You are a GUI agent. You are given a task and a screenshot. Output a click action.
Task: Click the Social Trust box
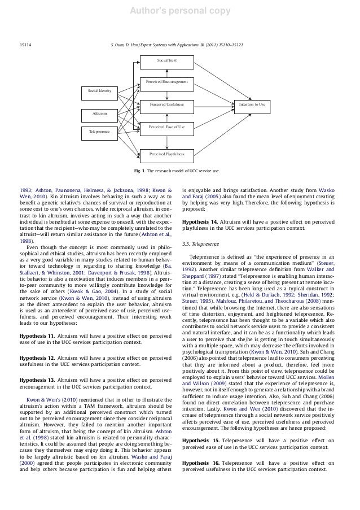(166, 60)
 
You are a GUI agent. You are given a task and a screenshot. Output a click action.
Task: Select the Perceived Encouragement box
(166, 82)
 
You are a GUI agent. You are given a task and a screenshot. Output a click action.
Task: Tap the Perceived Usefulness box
(166, 104)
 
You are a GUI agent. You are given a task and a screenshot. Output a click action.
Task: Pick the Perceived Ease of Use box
(166, 128)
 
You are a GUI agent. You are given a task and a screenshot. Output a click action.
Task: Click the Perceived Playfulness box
(166, 152)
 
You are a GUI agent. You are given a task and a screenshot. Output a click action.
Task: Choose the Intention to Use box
(252, 104)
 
